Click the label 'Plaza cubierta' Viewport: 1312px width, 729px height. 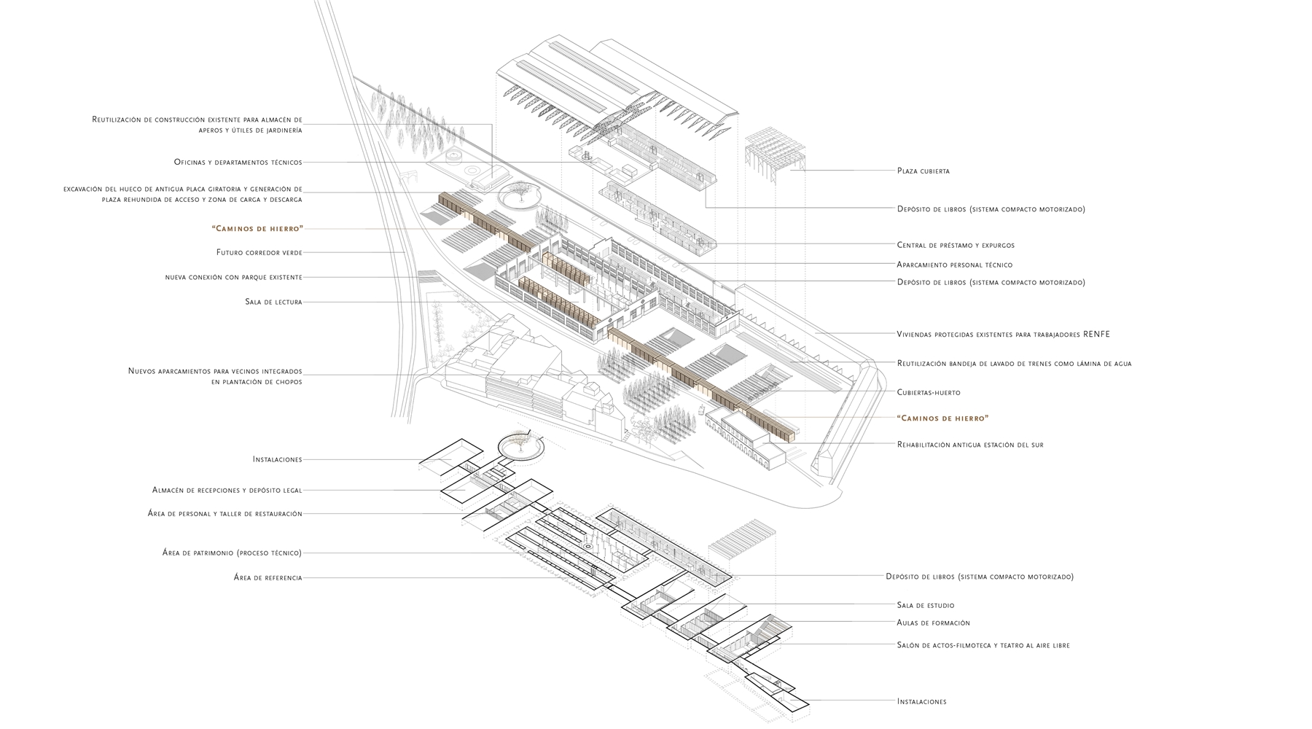pos(923,171)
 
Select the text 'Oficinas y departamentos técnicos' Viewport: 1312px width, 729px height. pos(238,162)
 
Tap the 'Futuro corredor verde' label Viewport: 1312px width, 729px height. pos(259,252)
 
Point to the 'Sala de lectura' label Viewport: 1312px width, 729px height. pos(273,302)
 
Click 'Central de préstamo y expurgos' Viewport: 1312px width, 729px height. pos(955,245)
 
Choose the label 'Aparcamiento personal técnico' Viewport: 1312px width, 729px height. pos(954,265)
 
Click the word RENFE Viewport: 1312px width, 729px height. pos(1097,334)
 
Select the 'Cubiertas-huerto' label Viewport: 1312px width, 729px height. pos(928,392)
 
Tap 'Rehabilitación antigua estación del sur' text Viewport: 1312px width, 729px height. pos(969,444)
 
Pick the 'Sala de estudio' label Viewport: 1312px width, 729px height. pos(925,605)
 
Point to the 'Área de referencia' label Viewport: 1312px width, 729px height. pos(268,578)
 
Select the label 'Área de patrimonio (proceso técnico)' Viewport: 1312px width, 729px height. pos(232,553)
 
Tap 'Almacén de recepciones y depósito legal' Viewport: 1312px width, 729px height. pos(227,490)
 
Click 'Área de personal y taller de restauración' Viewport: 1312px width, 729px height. pos(224,514)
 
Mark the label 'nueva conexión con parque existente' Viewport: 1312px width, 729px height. pos(233,277)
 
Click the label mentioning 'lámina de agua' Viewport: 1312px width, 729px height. pos(1013,363)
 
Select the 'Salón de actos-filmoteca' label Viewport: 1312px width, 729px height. pos(983,645)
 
